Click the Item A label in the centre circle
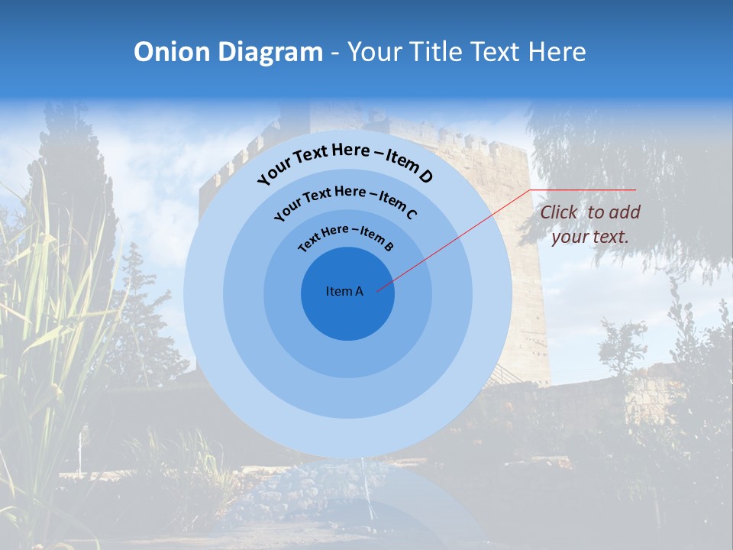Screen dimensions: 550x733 click(x=344, y=291)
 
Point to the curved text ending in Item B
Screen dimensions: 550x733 click(x=346, y=237)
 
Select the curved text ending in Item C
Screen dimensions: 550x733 click(x=345, y=200)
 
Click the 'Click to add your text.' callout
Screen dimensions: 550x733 click(x=589, y=225)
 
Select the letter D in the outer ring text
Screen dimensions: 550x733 click(x=425, y=177)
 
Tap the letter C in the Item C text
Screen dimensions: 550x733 click(x=411, y=213)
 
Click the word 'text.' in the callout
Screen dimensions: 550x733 click(x=612, y=237)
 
